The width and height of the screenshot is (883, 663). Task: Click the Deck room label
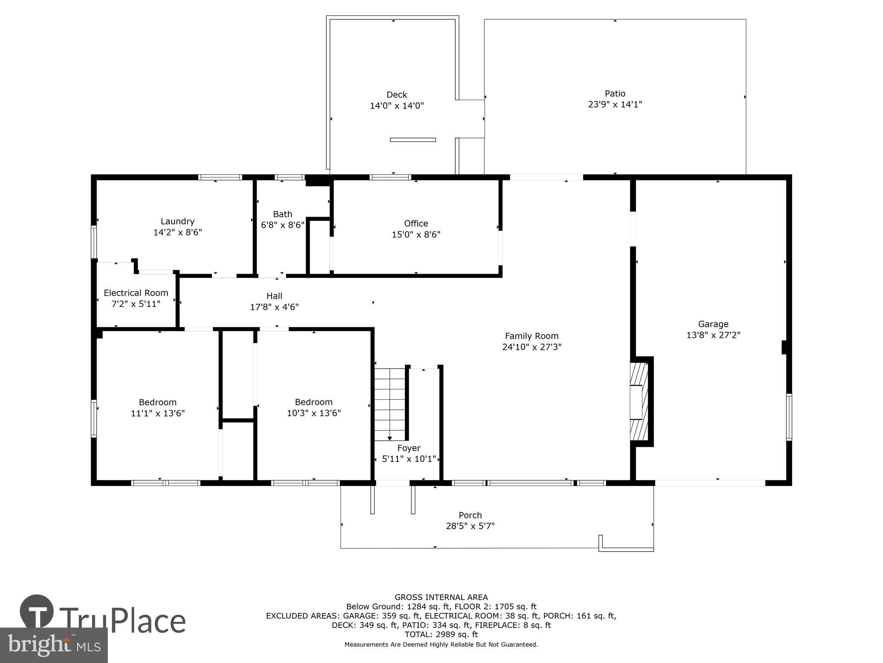point(397,95)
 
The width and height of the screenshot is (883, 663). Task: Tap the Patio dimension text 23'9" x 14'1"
point(615,104)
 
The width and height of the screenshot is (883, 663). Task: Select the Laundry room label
point(177,221)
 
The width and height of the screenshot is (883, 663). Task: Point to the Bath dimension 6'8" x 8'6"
point(282,225)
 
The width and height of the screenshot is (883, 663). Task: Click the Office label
point(416,224)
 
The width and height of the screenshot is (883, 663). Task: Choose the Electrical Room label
point(136,293)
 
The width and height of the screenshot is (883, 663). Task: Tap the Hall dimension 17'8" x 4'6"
point(274,307)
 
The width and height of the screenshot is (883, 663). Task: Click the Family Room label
point(532,336)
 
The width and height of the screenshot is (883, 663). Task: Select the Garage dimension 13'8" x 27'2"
point(713,335)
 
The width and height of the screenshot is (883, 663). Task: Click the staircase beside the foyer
point(389,404)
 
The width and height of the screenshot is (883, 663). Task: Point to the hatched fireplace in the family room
point(639,401)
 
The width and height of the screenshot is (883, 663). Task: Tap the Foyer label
point(408,448)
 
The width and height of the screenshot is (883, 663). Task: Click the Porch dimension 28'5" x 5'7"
point(470,526)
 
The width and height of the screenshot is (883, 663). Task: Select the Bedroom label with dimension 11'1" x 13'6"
point(157,402)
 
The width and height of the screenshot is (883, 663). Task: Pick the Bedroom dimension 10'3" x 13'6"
point(314,413)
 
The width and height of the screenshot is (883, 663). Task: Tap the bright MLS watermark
point(53,645)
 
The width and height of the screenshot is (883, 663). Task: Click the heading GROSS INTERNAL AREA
point(441,597)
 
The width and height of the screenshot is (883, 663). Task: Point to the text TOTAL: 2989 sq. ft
point(441,635)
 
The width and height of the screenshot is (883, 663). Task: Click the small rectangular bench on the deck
point(413,140)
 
